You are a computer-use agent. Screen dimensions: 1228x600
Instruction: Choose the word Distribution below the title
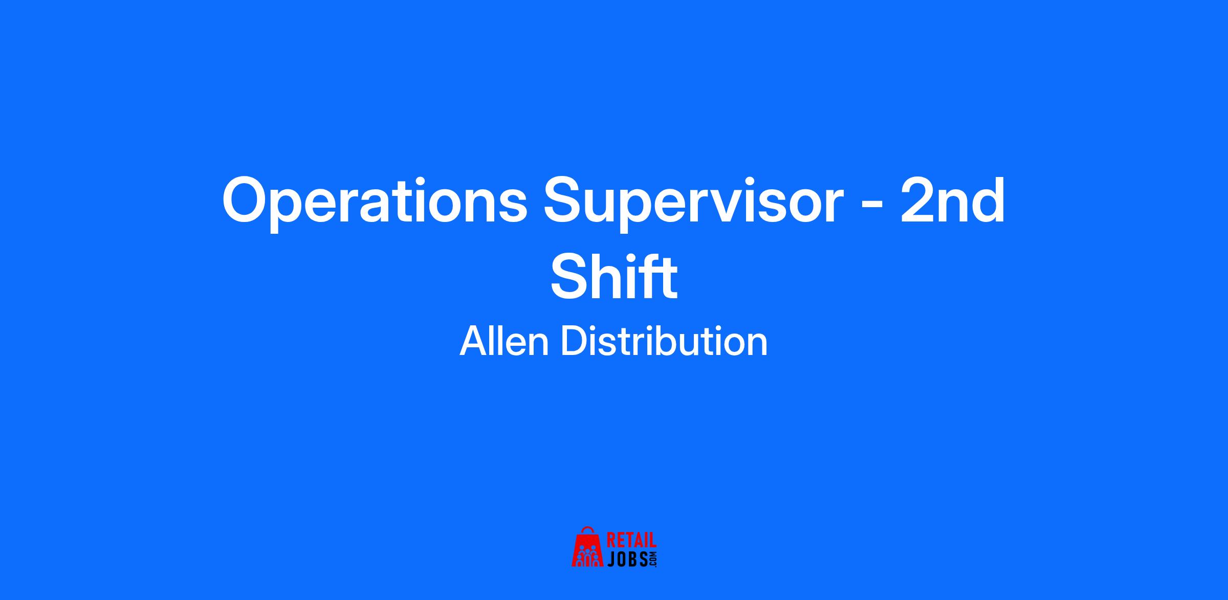click(665, 341)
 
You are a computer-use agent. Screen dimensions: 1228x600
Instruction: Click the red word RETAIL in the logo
click(631, 541)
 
